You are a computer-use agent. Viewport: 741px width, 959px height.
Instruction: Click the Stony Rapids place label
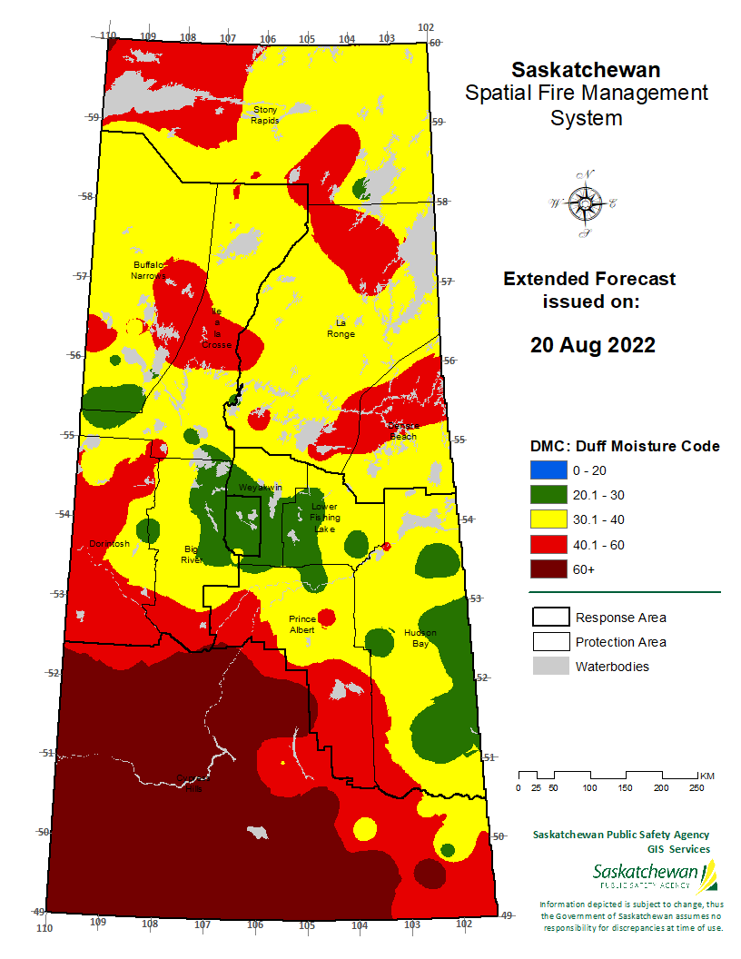tap(265, 114)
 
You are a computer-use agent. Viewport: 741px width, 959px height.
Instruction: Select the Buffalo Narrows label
tap(148, 270)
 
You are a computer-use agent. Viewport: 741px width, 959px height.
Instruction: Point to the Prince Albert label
tap(301, 624)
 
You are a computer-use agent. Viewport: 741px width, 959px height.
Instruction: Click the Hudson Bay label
tap(420, 638)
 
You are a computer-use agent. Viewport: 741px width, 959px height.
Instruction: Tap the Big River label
tap(192, 555)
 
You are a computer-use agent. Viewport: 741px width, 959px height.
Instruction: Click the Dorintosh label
tap(109, 544)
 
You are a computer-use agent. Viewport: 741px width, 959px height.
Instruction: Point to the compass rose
tap(584, 203)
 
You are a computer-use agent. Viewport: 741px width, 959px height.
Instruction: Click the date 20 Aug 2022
tap(592, 345)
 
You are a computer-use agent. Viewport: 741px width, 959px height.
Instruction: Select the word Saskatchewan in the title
tap(586, 70)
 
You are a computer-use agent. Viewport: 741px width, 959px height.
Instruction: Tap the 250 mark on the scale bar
tap(697, 787)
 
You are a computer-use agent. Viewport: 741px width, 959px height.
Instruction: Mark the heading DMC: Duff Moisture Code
tap(625, 446)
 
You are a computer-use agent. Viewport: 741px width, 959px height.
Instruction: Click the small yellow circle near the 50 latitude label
tap(364, 829)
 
